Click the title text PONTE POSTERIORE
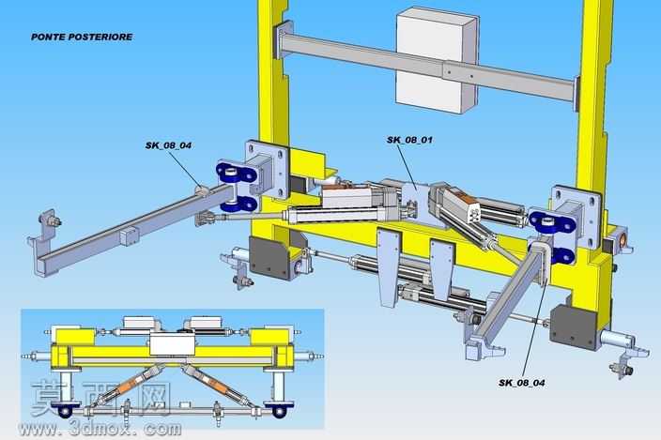[x=82, y=37]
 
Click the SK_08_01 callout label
[x=409, y=140]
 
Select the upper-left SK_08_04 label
[x=168, y=145]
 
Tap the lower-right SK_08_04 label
[x=521, y=383]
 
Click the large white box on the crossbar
[x=437, y=61]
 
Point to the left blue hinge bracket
[x=237, y=187]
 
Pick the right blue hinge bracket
[x=552, y=235]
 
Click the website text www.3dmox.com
[x=100, y=429]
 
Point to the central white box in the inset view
[x=173, y=344]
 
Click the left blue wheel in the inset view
[x=66, y=411]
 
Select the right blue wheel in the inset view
[x=279, y=411]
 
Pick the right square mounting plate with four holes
[x=576, y=217]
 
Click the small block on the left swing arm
[x=129, y=235]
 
